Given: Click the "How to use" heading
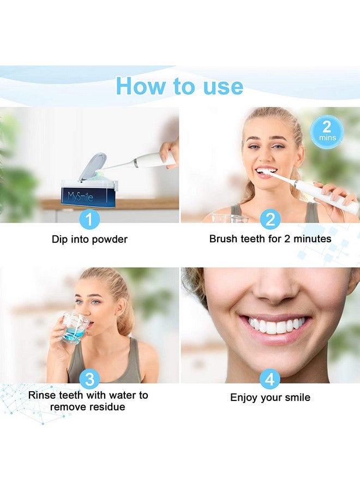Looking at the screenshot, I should coord(179,86).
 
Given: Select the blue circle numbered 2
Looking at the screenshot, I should coord(269,219).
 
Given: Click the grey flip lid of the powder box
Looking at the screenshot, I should coord(89,166).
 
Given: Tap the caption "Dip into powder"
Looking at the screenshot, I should coord(89,239).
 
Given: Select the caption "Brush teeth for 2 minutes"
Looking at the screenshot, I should coord(270,239).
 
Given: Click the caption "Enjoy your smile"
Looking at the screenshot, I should coord(270,398).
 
